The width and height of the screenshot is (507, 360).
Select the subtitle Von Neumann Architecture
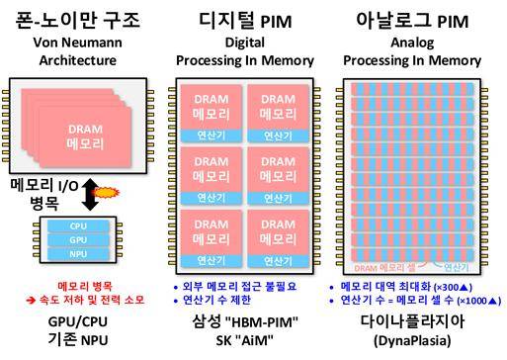point(77,51)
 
